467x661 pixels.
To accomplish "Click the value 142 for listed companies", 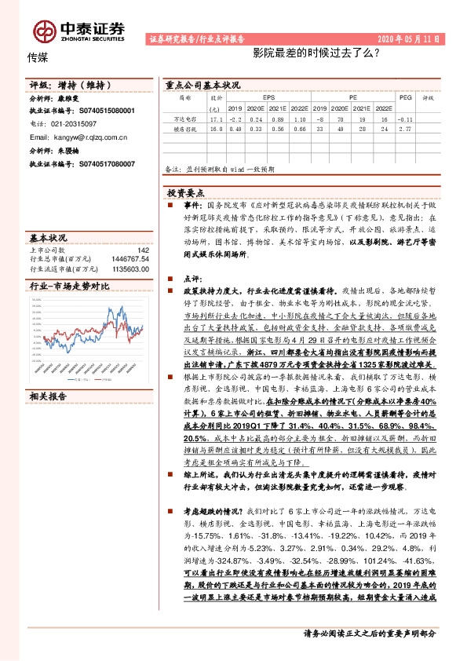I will [x=143, y=249].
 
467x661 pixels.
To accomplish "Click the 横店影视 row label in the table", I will [x=184, y=130].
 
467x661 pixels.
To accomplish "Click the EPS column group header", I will [x=268, y=99].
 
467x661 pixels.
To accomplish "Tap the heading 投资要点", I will [x=185, y=192].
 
